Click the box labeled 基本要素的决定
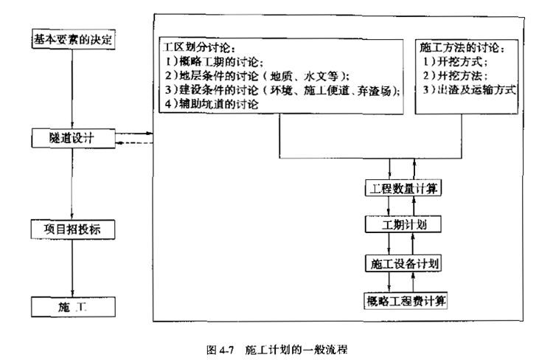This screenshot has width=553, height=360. point(73,39)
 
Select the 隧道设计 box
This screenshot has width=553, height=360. point(73,138)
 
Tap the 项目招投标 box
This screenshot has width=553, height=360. point(73,229)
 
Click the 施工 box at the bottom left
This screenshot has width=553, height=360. point(73,307)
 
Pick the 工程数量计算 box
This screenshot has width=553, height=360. point(403,188)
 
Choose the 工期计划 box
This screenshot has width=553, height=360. point(403,224)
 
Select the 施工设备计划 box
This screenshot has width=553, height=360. point(403,263)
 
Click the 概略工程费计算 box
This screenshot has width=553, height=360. point(406,301)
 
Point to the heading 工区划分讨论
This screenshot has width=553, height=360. point(199,47)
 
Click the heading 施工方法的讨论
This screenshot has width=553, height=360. point(462,47)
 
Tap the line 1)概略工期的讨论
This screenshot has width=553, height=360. point(214,62)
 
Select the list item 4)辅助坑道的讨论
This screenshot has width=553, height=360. point(212,104)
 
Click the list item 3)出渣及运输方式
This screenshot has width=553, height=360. point(470,90)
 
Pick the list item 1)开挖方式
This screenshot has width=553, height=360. point(456,62)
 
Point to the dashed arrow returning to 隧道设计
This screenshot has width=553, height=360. point(134,143)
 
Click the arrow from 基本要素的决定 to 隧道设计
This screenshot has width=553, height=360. point(72,89)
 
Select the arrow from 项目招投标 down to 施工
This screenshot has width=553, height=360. point(72,268)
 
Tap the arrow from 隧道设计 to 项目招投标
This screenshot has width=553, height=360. point(72,184)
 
